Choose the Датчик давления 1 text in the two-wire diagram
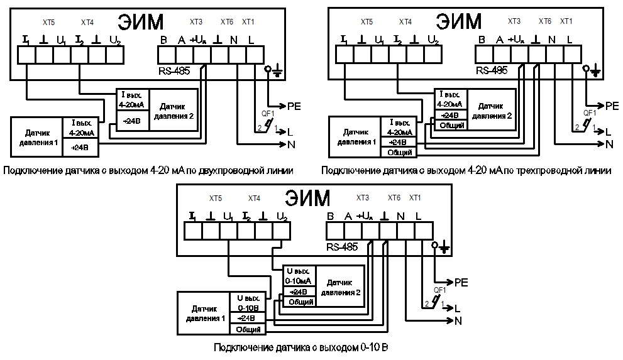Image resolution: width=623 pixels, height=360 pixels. tap(37, 136)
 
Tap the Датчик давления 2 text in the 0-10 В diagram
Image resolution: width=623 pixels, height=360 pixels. tap(340, 288)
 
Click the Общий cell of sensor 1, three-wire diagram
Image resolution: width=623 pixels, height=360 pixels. tap(400, 152)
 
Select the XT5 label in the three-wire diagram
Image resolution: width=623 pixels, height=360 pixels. tap(366, 22)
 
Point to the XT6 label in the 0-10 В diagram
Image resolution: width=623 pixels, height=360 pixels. tap(394, 199)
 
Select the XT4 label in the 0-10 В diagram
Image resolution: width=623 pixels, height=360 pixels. tap(254, 199)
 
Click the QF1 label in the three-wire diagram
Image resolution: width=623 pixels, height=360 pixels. tap(589, 113)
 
